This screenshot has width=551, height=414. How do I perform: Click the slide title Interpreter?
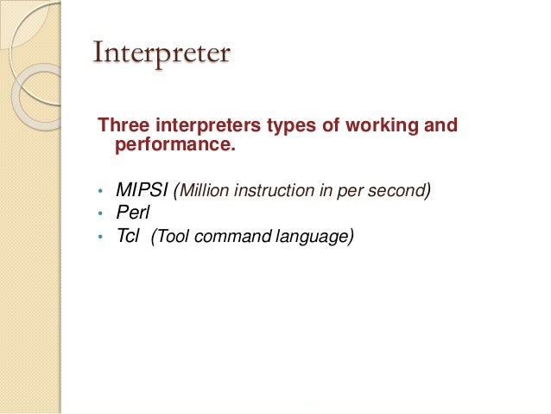pos(161,54)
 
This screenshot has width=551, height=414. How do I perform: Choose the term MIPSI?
pos(142,190)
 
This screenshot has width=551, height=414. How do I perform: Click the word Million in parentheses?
pos(204,190)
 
